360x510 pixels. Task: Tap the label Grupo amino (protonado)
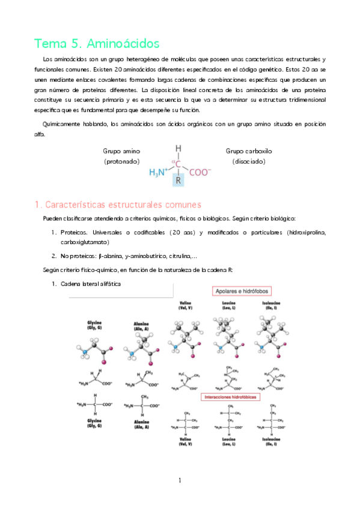pyautogui.click(x=122, y=156)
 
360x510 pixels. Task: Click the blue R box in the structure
pyautogui.click(x=178, y=180)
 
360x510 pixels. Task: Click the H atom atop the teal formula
pyautogui.click(x=178, y=148)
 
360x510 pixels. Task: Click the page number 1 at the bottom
pyautogui.click(x=179, y=480)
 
